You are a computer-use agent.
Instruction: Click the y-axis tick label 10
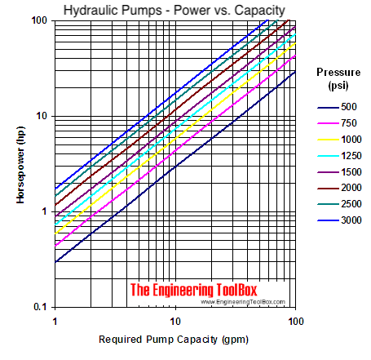pyautogui.click(x=42, y=115)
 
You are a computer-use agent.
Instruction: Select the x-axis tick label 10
pyautogui.click(x=174, y=318)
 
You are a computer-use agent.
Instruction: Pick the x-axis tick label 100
pyautogui.click(x=294, y=318)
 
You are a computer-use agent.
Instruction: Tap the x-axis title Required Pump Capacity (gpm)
pyautogui.click(x=173, y=339)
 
